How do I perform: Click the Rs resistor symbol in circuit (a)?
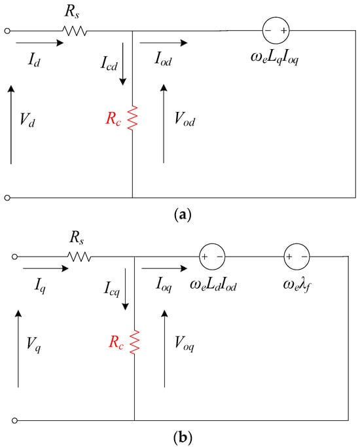75,31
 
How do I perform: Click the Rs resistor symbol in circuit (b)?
79,257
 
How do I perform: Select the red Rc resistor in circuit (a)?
132,118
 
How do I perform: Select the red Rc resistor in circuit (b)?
135,342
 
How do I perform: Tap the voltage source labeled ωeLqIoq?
276,31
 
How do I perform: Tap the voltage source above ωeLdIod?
212,257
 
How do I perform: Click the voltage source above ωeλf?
297,257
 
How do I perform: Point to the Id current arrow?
40,43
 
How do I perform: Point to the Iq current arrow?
46,268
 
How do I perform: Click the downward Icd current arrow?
123,64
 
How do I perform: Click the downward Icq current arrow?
125,289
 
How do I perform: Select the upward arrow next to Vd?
11,124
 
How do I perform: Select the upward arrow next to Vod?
164,124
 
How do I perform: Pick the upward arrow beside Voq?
164,349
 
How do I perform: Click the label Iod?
164,59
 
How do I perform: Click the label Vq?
33,344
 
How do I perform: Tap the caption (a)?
183,215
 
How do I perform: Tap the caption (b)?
183,437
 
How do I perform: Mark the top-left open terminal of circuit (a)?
8,31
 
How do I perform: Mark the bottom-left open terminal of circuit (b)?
15,420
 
